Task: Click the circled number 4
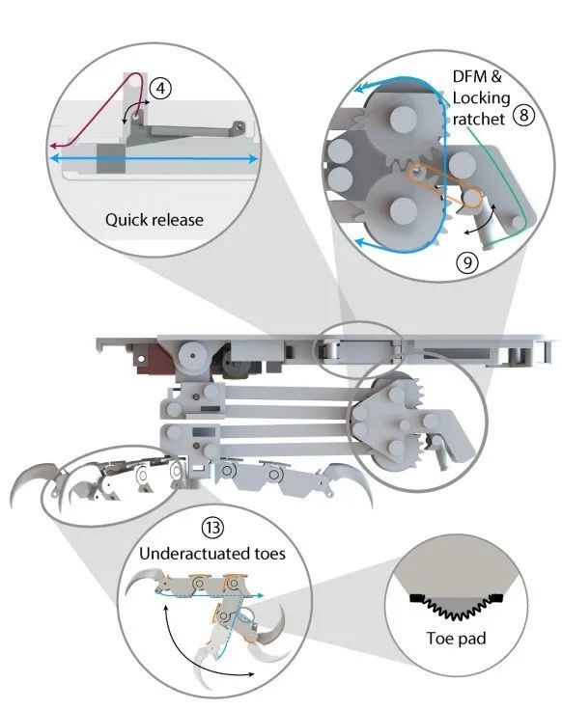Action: click(160, 89)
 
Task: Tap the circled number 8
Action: click(523, 115)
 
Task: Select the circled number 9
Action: click(467, 262)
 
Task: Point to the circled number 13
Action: click(212, 527)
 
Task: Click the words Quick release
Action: click(155, 220)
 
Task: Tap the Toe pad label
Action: click(456, 639)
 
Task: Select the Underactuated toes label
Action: click(212, 554)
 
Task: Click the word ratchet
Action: click(479, 119)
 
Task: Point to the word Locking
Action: click(481, 97)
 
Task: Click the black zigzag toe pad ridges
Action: click(456, 607)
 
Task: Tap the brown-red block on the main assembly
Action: click(152, 360)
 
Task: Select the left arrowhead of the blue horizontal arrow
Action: click(54, 158)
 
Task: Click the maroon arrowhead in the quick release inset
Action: click(54, 146)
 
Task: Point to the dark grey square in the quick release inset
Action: click(111, 158)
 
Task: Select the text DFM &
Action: click(477, 76)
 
